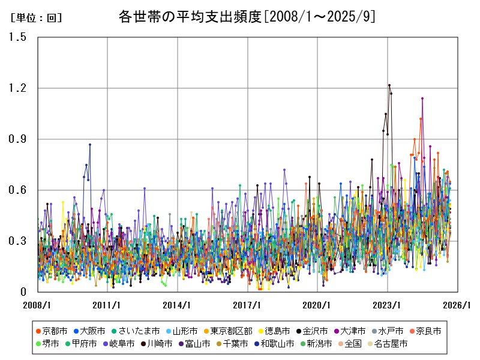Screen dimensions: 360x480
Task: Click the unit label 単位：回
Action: (x=37, y=18)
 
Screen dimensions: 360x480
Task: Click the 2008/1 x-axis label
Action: (x=37, y=305)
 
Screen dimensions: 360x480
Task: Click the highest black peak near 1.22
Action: (x=389, y=85)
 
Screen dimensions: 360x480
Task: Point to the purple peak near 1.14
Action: (x=422, y=98)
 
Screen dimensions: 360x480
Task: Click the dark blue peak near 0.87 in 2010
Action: (x=90, y=145)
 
